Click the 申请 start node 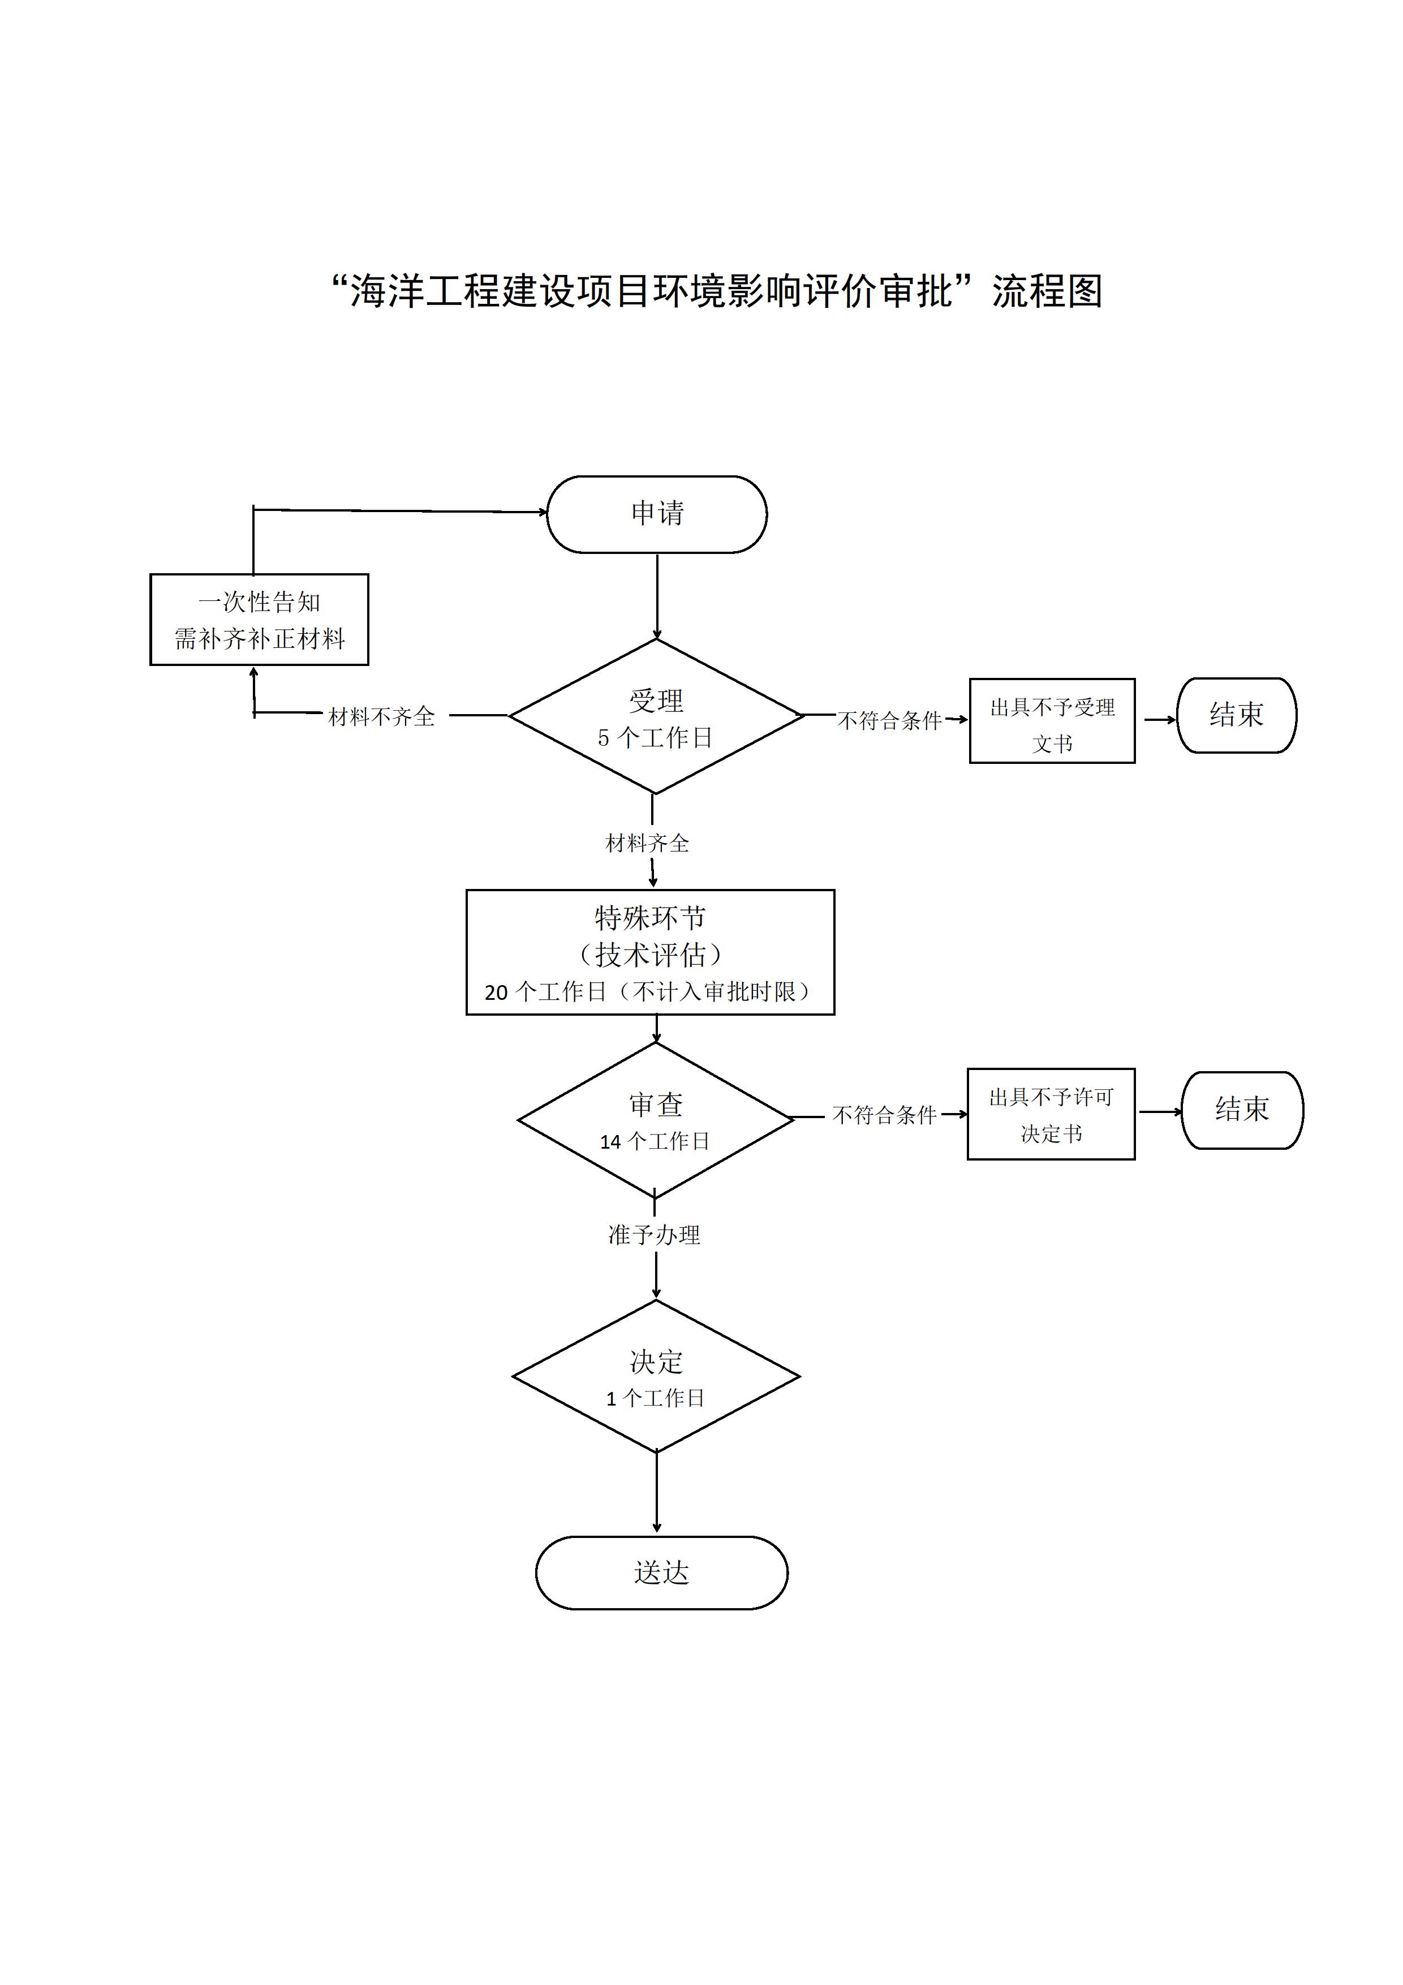(656, 514)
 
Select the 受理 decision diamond (656, 716)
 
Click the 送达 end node (661, 1572)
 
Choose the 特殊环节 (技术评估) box (650, 952)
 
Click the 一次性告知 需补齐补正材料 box (259, 619)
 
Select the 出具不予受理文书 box (1052, 721)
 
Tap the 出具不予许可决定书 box (1051, 1114)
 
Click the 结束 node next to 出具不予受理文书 (1236, 715)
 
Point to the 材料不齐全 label (381, 717)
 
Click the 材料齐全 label (647, 843)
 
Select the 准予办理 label (655, 1235)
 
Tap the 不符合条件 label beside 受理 (889, 720)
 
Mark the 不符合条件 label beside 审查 (884, 1115)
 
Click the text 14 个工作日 (655, 1141)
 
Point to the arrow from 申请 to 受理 (657, 596)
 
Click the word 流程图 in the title (1047, 291)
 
